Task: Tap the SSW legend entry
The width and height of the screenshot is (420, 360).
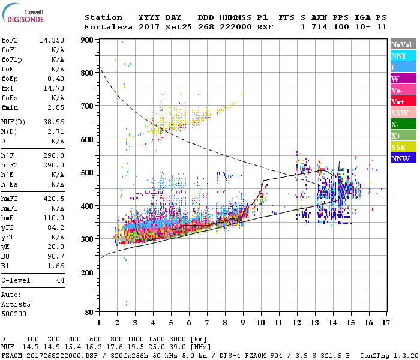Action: coord(401,113)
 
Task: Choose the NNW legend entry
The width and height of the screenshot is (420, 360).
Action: coord(401,158)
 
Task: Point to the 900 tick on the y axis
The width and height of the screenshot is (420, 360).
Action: coord(88,40)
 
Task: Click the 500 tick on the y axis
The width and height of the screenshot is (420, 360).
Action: coord(88,173)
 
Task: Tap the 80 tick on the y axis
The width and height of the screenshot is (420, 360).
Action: coord(89,312)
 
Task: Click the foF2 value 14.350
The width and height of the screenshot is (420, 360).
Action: coord(51,40)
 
